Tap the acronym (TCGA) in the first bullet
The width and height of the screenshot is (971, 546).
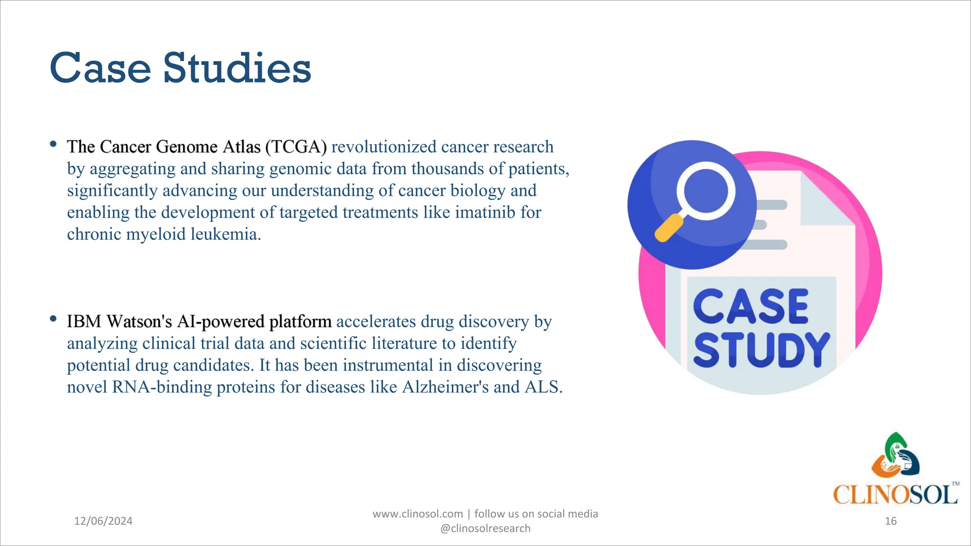pyautogui.click(x=296, y=147)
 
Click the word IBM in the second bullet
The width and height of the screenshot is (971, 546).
pyautogui.click(x=84, y=321)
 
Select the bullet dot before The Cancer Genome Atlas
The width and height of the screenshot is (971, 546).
pyautogui.click(x=53, y=144)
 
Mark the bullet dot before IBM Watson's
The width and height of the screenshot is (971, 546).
pyautogui.click(x=53, y=318)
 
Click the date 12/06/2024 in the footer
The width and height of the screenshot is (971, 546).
pyautogui.click(x=103, y=521)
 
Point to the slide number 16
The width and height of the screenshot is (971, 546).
pyautogui.click(x=890, y=521)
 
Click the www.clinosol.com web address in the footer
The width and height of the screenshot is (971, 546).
pyautogui.click(x=417, y=514)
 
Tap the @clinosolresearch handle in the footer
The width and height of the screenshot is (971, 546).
pyautogui.click(x=485, y=528)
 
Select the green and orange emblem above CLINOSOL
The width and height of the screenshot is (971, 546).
pyautogui.click(x=895, y=455)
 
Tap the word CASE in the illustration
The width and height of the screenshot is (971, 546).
pyautogui.click(x=751, y=307)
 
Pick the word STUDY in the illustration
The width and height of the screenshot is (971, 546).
pyautogui.click(x=761, y=350)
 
